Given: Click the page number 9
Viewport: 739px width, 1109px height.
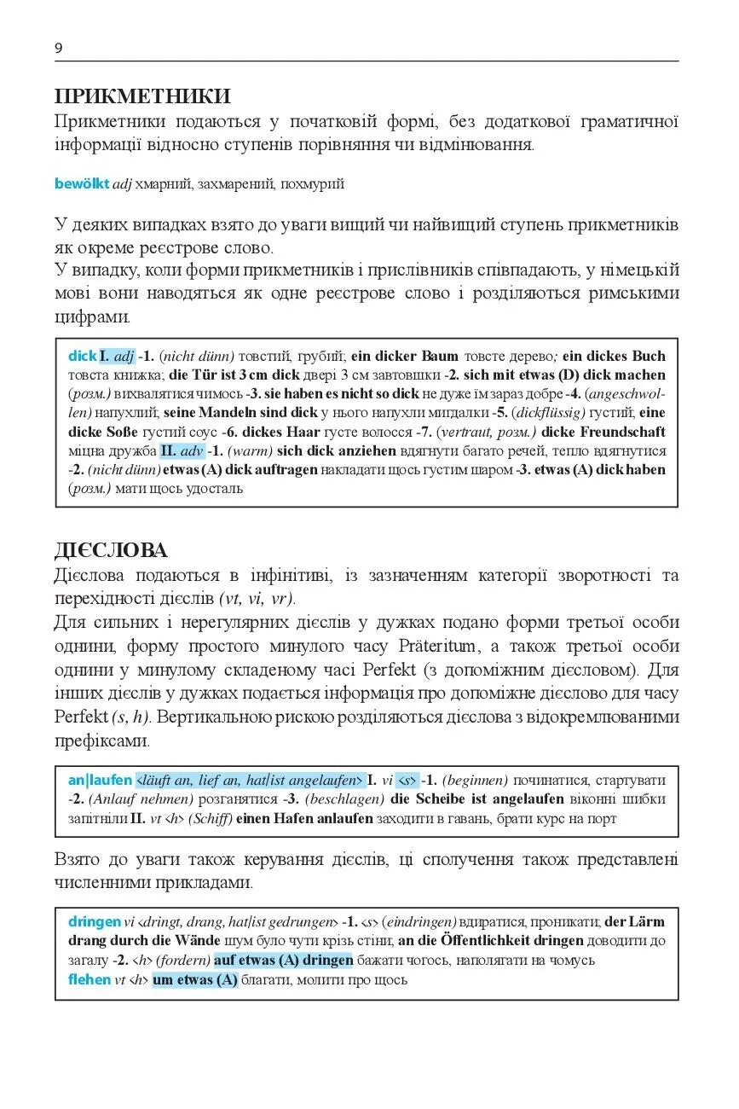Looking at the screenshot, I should coord(58,48).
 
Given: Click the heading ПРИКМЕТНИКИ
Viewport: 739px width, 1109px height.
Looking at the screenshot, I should coord(141,96).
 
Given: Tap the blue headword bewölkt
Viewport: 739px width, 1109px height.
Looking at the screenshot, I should coord(81,183).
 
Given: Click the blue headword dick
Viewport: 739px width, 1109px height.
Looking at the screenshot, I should coord(83,356).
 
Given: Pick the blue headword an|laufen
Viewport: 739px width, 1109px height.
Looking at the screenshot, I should coord(100,780).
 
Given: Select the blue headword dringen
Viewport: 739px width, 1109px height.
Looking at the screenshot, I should coord(95,921).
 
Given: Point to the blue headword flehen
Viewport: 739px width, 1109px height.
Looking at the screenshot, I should coord(89,979).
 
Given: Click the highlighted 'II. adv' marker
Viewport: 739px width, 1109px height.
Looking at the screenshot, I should coord(182,450).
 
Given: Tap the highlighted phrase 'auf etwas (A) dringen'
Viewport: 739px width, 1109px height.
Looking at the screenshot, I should coord(284,960).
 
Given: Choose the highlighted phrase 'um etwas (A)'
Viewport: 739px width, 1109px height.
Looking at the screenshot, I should coord(195,979).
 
